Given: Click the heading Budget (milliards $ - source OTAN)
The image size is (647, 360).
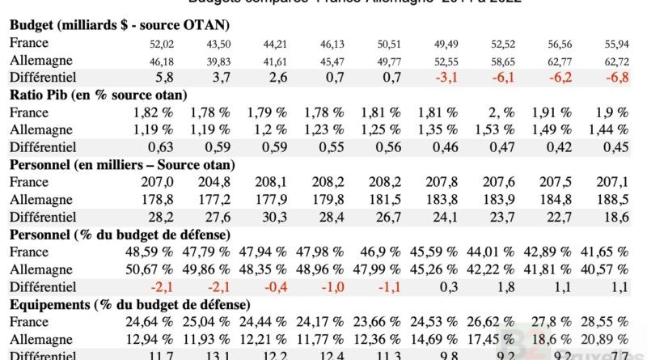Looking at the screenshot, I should (x=119, y=25).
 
